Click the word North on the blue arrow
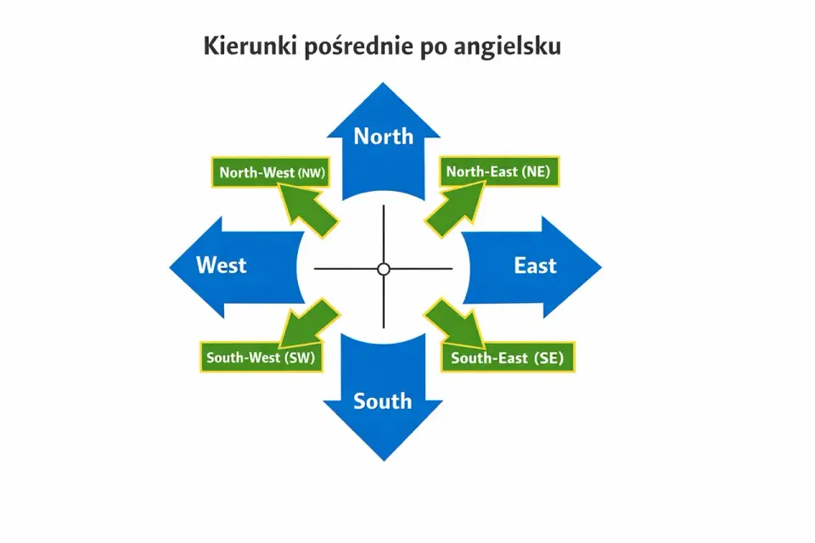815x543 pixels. click(x=384, y=136)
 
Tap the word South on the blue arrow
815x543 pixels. click(x=383, y=401)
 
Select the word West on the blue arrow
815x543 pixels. click(x=221, y=265)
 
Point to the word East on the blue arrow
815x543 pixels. click(x=536, y=266)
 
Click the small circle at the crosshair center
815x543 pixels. click(x=384, y=269)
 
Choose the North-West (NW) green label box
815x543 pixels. click(x=271, y=172)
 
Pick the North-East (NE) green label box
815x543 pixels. click(x=499, y=171)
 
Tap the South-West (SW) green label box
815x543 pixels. click(x=261, y=357)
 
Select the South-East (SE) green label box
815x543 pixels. click(x=508, y=357)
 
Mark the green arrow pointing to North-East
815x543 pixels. click(x=455, y=210)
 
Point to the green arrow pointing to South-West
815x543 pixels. click(x=310, y=323)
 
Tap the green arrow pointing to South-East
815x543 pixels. click(x=455, y=323)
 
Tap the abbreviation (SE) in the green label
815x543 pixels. click(x=548, y=358)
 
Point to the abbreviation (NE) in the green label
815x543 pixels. click(x=536, y=171)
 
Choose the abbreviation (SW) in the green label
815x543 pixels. click(x=300, y=357)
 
